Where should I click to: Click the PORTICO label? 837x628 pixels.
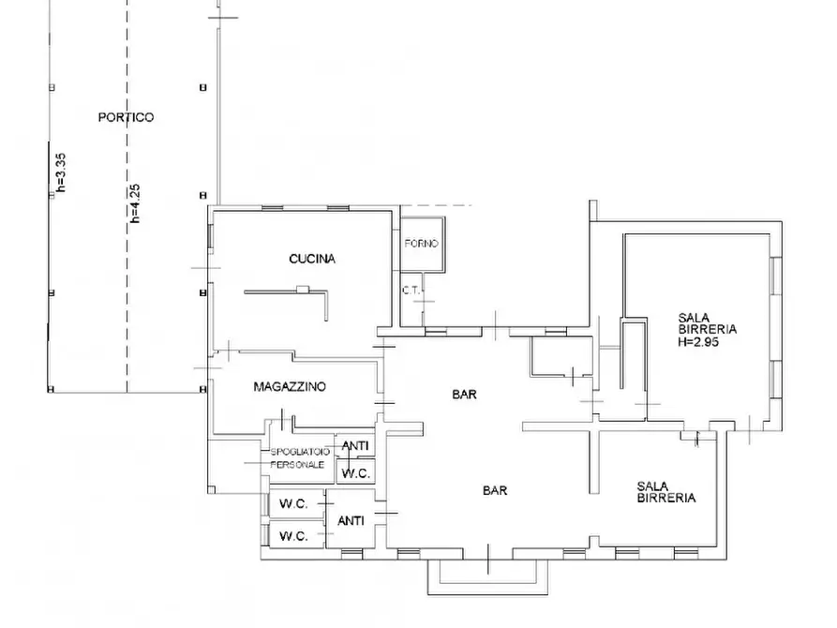(x=126, y=117)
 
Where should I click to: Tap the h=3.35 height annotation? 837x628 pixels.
(x=61, y=172)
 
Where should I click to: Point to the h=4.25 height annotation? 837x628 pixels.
(x=135, y=202)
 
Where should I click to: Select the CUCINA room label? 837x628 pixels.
(x=312, y=259)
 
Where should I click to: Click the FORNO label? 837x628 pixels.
(x=421, y=244)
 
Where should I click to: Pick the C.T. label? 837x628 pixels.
(x=411, y=291)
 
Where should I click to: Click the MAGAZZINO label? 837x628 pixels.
(x=290, y=386)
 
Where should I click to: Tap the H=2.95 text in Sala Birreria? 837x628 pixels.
(x=698, y=342)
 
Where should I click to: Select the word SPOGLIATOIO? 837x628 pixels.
(x=300, y=453)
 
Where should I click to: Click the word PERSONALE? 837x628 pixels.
(x=297, y=465)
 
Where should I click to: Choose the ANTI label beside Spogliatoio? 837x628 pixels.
(x=355, y=445)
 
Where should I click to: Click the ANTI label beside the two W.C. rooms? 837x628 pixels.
(x=351, y=520)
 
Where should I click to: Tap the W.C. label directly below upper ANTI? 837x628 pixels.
(x=355, y=473)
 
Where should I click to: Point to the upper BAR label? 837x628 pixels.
(x=464, y=395)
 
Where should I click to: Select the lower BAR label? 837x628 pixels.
(x=495, y=490)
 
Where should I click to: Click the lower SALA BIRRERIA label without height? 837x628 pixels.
(x=666, y=492)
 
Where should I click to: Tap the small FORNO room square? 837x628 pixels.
(x=423, y=244)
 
